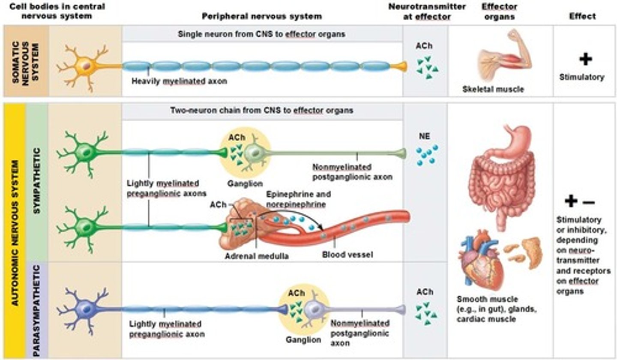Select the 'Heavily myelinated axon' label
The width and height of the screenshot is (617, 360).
click(179, 81)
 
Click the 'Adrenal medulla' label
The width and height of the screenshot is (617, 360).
click(256, 255)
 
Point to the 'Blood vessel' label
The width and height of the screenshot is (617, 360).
click(347, 255)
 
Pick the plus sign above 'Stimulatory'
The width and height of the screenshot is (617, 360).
click(585, 59)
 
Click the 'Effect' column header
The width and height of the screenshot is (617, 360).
click(582, 16)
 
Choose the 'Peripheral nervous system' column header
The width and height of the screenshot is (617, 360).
click(261, 16)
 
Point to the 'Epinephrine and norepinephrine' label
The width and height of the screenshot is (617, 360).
click(298, 199)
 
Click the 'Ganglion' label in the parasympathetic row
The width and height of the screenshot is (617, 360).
click(303, 340)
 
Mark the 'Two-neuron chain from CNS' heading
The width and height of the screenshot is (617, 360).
click(261, 110)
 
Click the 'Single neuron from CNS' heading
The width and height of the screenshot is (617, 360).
click(261, 34)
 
